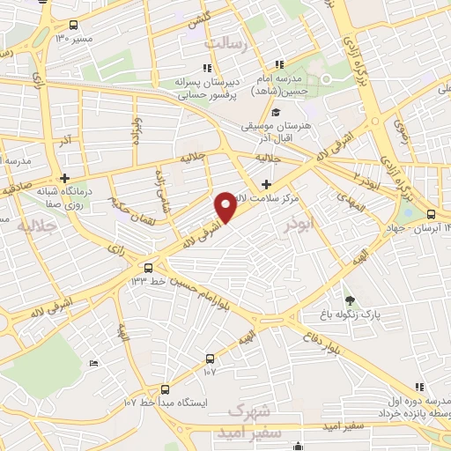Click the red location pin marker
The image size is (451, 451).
click(228, 206)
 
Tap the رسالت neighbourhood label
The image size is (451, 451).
click(234, 42)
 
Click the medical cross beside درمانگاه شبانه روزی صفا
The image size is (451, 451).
click(64, 177)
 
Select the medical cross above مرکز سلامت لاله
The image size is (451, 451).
click(266, 184)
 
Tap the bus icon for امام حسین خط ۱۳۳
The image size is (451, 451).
click(147, 268)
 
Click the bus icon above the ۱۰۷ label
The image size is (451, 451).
click(210, 358)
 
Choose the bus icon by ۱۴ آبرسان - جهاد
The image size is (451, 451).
click(430, 214)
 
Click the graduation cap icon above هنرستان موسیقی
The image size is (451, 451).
click(276, 112)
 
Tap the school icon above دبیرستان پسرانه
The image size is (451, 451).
click(206, 67)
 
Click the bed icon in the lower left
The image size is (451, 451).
click(94, 363)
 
